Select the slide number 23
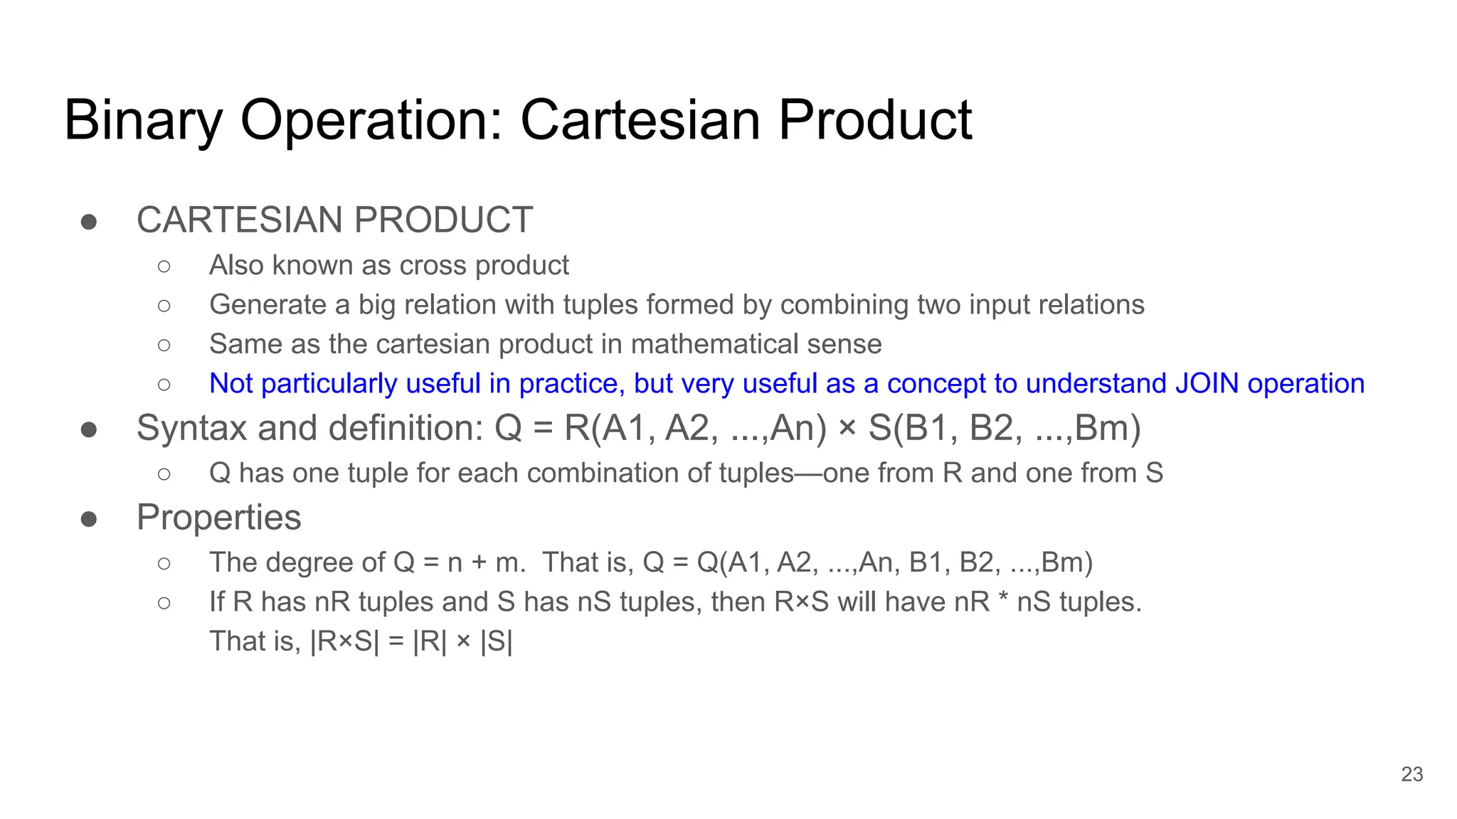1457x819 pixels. tap(1411, 774)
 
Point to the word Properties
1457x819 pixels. tap(218, 518)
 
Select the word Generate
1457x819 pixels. tap(267, 305)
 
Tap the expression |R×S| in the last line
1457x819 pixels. tap(345, 641)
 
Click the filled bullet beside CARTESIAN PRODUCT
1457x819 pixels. tap(89, 222)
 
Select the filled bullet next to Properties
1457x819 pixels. tap(89, 519)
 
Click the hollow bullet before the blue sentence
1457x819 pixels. tap(164, 385)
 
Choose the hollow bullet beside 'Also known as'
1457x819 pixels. tap(164, 267)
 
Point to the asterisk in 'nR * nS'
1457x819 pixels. tap(1003, 601)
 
